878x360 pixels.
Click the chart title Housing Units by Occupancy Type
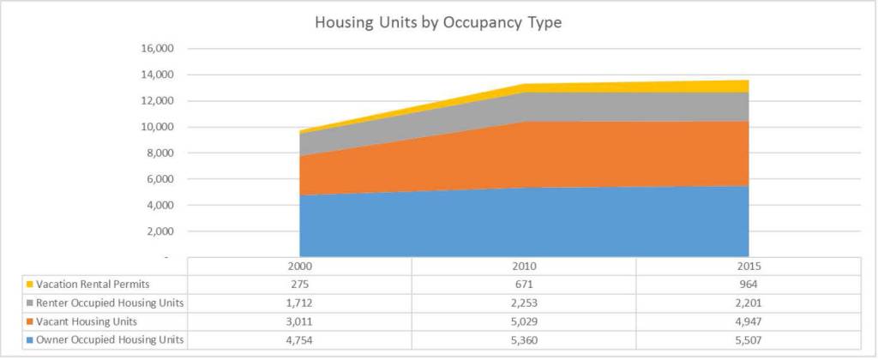tap(438, 23)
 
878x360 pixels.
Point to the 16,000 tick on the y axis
tap(156, 49)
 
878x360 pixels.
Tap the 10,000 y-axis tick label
tap(156, 127)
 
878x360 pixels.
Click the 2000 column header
tap(299, 267)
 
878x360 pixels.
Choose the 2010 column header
tap(523, 267)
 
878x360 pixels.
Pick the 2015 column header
tap(748, 267)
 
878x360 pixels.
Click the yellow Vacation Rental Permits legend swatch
tap(29, 284)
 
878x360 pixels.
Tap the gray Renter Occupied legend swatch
tap(29, 303)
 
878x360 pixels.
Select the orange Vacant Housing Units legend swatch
tap(29, 322)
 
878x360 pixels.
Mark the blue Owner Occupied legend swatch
tap(29, 341)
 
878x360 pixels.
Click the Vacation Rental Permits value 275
tap(299, 284)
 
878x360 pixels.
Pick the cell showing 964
tap(748, 284)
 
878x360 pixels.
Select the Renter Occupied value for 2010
tap(523, 303)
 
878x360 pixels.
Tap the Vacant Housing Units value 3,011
tap(299, 322)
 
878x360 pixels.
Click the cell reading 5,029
tap(523, 322)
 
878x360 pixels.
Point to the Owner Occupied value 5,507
tap(748, 341)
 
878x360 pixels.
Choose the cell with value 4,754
tap(299, 341)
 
